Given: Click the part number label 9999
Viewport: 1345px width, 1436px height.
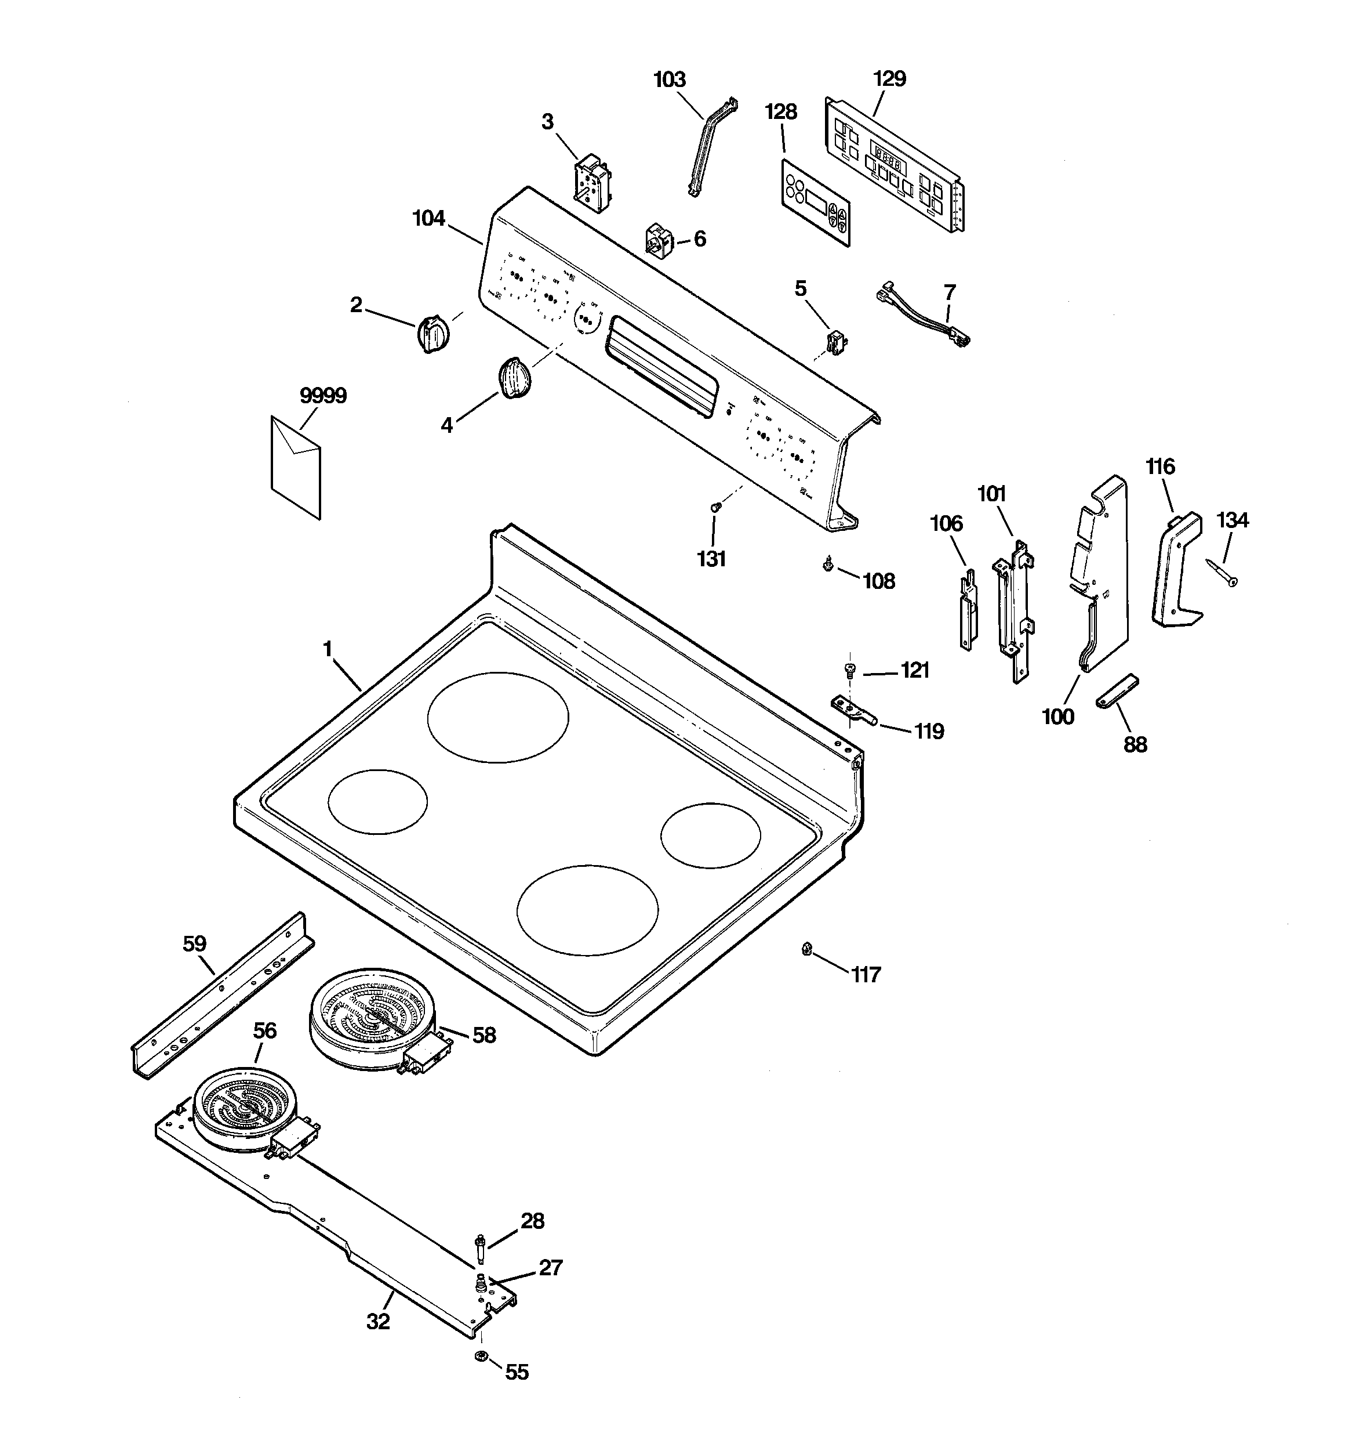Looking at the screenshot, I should point(323,396).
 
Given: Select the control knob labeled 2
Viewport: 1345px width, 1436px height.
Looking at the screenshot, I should point(433,334).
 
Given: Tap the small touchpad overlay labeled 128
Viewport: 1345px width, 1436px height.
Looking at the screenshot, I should point(815,203).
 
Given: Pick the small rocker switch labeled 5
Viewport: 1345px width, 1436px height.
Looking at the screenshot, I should point(836,339).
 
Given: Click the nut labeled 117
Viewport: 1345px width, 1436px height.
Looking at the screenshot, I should point(807,949).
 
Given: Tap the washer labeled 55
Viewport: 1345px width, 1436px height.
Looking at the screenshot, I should point(480,1356).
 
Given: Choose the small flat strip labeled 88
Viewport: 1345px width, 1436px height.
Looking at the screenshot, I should point(1116,692).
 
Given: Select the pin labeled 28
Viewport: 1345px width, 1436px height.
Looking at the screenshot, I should point(480,1247).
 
